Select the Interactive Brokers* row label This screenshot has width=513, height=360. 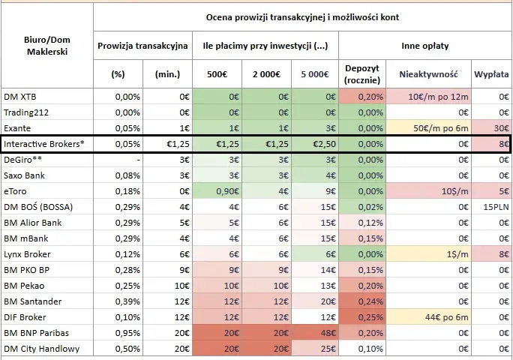coord(43,144)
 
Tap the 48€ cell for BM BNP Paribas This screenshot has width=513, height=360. coord(328,333)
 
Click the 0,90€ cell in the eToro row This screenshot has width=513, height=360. coord(228,191)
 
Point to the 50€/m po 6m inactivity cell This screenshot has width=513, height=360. coord(441,128)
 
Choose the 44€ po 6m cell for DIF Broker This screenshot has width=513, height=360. coord(446,317)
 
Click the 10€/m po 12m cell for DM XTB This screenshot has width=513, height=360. coord(438,97)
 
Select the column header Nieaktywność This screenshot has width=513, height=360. coord(428,74)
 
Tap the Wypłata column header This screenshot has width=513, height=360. coord(491,74)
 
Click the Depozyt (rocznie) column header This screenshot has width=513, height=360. coord(362,74)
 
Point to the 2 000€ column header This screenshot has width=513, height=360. coord(266,74)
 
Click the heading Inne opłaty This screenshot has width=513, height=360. coord(425,46)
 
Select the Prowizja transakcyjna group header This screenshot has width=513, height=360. coord(142,46)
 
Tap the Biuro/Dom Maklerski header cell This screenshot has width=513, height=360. coord(47,46)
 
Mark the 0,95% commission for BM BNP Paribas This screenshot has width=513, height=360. coord(127,333)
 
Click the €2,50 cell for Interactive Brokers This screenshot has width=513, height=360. coord(324,144)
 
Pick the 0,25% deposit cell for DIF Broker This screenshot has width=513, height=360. coord(370,317)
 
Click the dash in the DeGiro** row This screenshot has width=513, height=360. coord(139,160)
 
